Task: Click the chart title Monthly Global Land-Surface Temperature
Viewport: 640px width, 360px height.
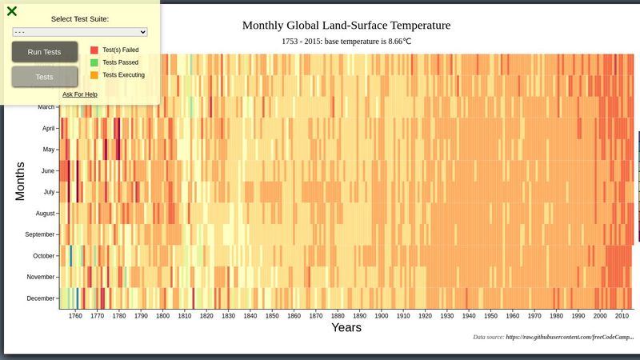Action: tap(346, 26)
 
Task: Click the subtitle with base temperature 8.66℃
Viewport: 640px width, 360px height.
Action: tap(346, 41)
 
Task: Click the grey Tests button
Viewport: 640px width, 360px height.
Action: tap(45, 77)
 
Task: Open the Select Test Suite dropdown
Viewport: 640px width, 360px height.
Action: tap(80, 32)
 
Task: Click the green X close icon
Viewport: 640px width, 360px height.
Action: tap(12, 11)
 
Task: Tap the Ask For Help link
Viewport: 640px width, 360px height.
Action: tap(80, 94)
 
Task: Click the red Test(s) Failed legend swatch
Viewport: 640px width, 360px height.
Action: tap(94, 50)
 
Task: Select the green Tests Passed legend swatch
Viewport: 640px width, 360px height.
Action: tap(94, 62)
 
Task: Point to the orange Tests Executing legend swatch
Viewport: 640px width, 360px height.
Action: tap(94, 75)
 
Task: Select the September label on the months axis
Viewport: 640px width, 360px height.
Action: tap(40, 234)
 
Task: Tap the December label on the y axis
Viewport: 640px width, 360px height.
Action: tap(41, 298)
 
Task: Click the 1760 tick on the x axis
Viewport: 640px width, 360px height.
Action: tap(75, 316)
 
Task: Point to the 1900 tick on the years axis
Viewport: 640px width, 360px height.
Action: tap(381, 316)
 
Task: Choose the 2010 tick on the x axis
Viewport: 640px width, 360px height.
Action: tap(621, 316)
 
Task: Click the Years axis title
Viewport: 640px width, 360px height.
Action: tap(346, 328)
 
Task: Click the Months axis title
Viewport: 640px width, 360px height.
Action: tap(21, 181)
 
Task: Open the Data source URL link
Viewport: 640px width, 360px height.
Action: tap(569, 338)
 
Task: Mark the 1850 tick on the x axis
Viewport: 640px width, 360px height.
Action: tap(272, 316)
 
